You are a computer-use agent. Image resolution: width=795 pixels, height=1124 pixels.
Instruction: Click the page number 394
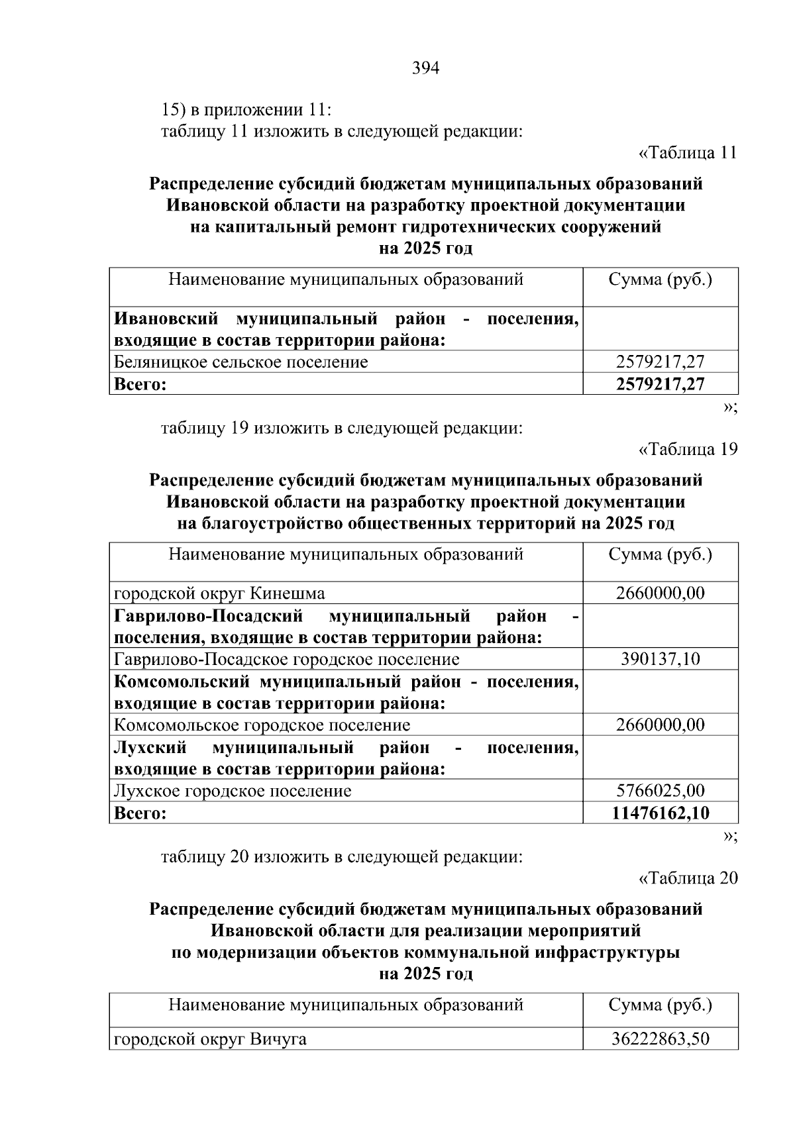pyautogui.click(x=425, y=68)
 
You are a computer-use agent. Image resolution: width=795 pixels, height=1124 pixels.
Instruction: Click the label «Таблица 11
pyautogui.click(x=687, y=153)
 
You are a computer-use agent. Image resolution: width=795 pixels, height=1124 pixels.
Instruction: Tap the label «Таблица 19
pyautogui.click(x=687, y=450)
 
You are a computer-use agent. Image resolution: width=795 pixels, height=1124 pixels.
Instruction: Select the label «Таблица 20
pyautogui.click(x=687, y=878)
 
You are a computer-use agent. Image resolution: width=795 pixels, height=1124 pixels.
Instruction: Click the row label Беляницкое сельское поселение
pyautogui.click(x=240, y=362)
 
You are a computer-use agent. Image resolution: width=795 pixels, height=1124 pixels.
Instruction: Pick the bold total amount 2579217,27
pyautogui.click(x=660, y=384)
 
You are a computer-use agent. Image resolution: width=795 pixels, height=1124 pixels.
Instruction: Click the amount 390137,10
pyautogui.click(x=660, y=659)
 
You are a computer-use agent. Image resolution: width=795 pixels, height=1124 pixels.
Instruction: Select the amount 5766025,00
pyautogui.click(x=660, y=791)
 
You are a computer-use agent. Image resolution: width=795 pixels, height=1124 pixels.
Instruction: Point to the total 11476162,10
pyautogui.click(x=660, y=813)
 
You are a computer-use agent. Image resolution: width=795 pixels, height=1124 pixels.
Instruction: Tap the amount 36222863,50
pyautogui.click(x=660, y=1039)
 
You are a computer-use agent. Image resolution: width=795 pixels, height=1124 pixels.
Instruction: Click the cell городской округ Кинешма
pyautogui.click(x=219, y=593)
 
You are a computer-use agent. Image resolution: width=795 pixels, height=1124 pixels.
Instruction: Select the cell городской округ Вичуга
pyautogui.click(x=210, y=1039)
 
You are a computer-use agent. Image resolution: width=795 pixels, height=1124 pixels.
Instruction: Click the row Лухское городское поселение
pyautogui.click(x=233, y=791)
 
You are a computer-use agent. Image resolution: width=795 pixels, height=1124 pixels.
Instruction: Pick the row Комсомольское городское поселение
pyautogui.click(x=262, y=725)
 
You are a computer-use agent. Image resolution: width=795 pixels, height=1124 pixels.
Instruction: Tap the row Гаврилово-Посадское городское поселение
pyautogui.click(x=286, y=659)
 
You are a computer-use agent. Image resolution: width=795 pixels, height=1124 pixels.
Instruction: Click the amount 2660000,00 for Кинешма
pyautogui.click(x=660, y=593)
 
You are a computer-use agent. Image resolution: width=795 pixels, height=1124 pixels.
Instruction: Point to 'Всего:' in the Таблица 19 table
pyautogui.click(x=140, y=813)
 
